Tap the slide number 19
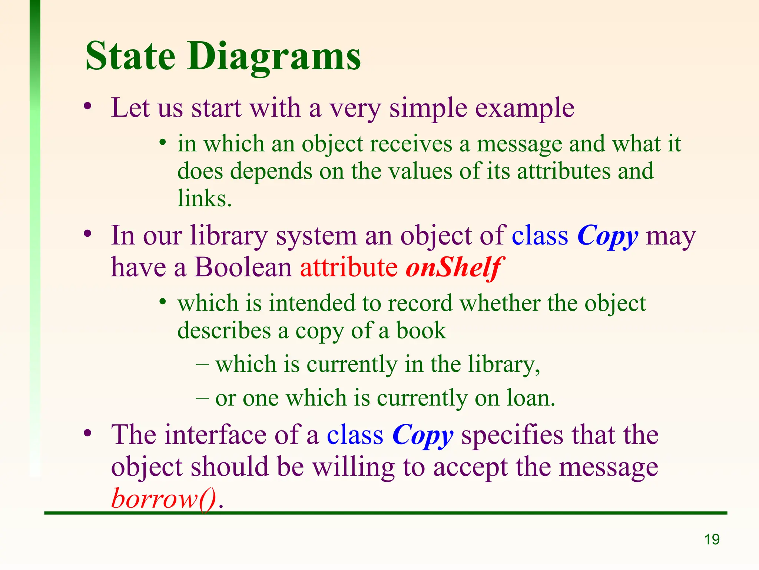[x=712, y=540]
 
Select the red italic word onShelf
[x=454, y=267]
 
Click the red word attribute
[x=348, y=267]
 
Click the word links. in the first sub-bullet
[x=205, y=199]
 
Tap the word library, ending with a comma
[x=504, y=364]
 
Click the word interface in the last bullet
[x=215, y=435]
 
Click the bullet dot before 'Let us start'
[x=87, y=107]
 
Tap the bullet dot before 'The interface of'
[x=87, y=433]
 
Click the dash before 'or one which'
[x=202, y=398]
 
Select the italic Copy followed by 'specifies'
[x=422, y=435]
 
